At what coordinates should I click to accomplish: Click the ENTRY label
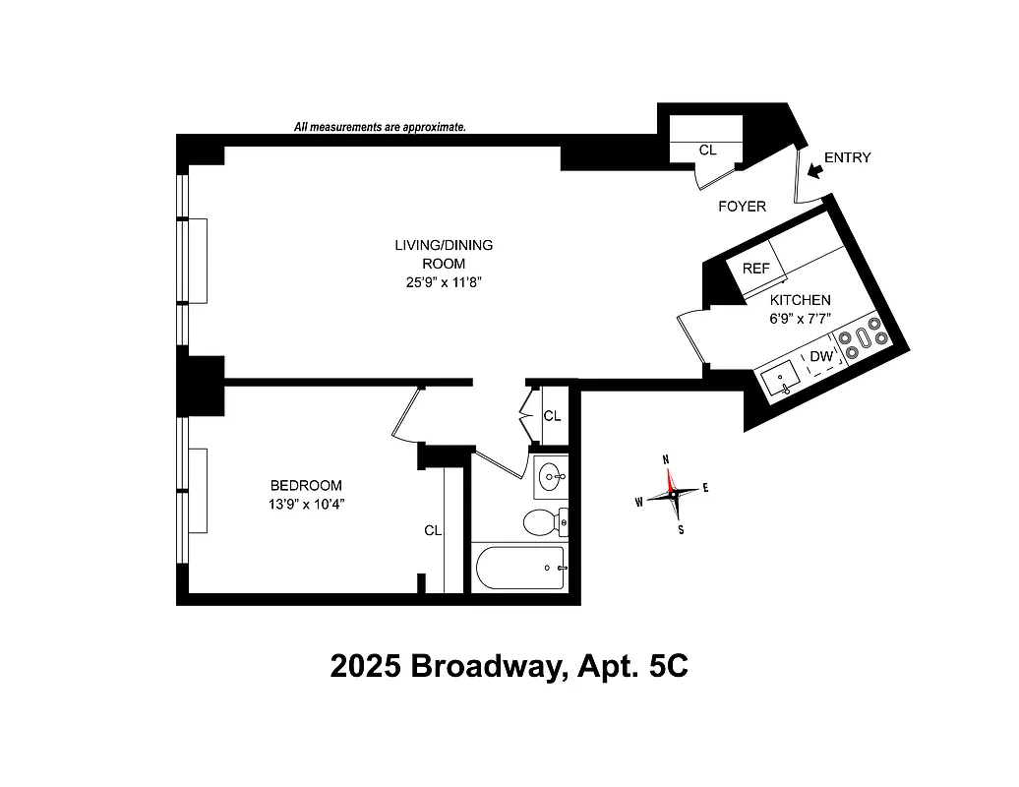pyautogui.click(x=847, y=157)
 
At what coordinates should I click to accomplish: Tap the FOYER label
pyautogui.click(x=742, y=206)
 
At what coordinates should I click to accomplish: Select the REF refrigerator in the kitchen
pyautogui.click(x=755, y=269)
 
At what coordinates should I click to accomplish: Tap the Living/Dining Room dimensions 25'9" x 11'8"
pyautogui.click(x=429, y=282)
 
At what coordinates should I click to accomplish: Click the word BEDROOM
pyautogui.click(x=306, y=485)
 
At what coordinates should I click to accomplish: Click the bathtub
pyautogui.click(x=520, y=568)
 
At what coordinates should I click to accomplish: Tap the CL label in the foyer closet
pyautogui.click(x=707, y=151)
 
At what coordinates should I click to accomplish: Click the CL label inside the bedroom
pyautogui.click(x=433, y=530)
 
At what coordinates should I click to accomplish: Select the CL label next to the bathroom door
pyautogui.click(x=553, y=416)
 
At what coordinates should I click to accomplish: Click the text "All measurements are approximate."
pyautogui.click(x=380, y=127)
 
